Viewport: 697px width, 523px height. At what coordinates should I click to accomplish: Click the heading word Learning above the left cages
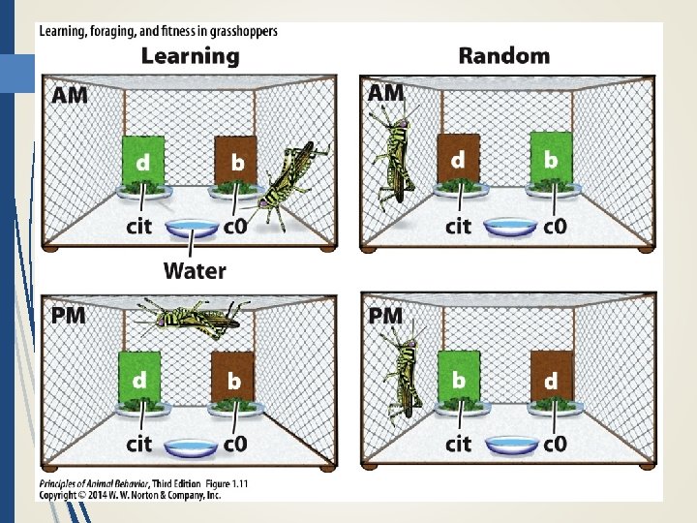point(190,55)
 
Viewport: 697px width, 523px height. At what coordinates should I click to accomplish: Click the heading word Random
point(503,55)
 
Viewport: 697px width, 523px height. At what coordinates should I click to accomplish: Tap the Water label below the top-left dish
point(195,270)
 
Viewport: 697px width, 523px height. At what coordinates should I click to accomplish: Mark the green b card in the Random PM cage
point(458,378)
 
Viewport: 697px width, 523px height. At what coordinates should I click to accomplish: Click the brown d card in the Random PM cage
point(551,379)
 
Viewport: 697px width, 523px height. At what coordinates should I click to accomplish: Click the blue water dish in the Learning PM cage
point(192,446)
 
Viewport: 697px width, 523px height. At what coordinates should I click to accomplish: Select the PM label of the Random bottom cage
point(386,316)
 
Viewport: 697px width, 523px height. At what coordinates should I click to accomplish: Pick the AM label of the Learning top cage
point(69,95)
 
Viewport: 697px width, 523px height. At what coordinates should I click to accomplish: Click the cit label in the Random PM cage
point(457,444)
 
